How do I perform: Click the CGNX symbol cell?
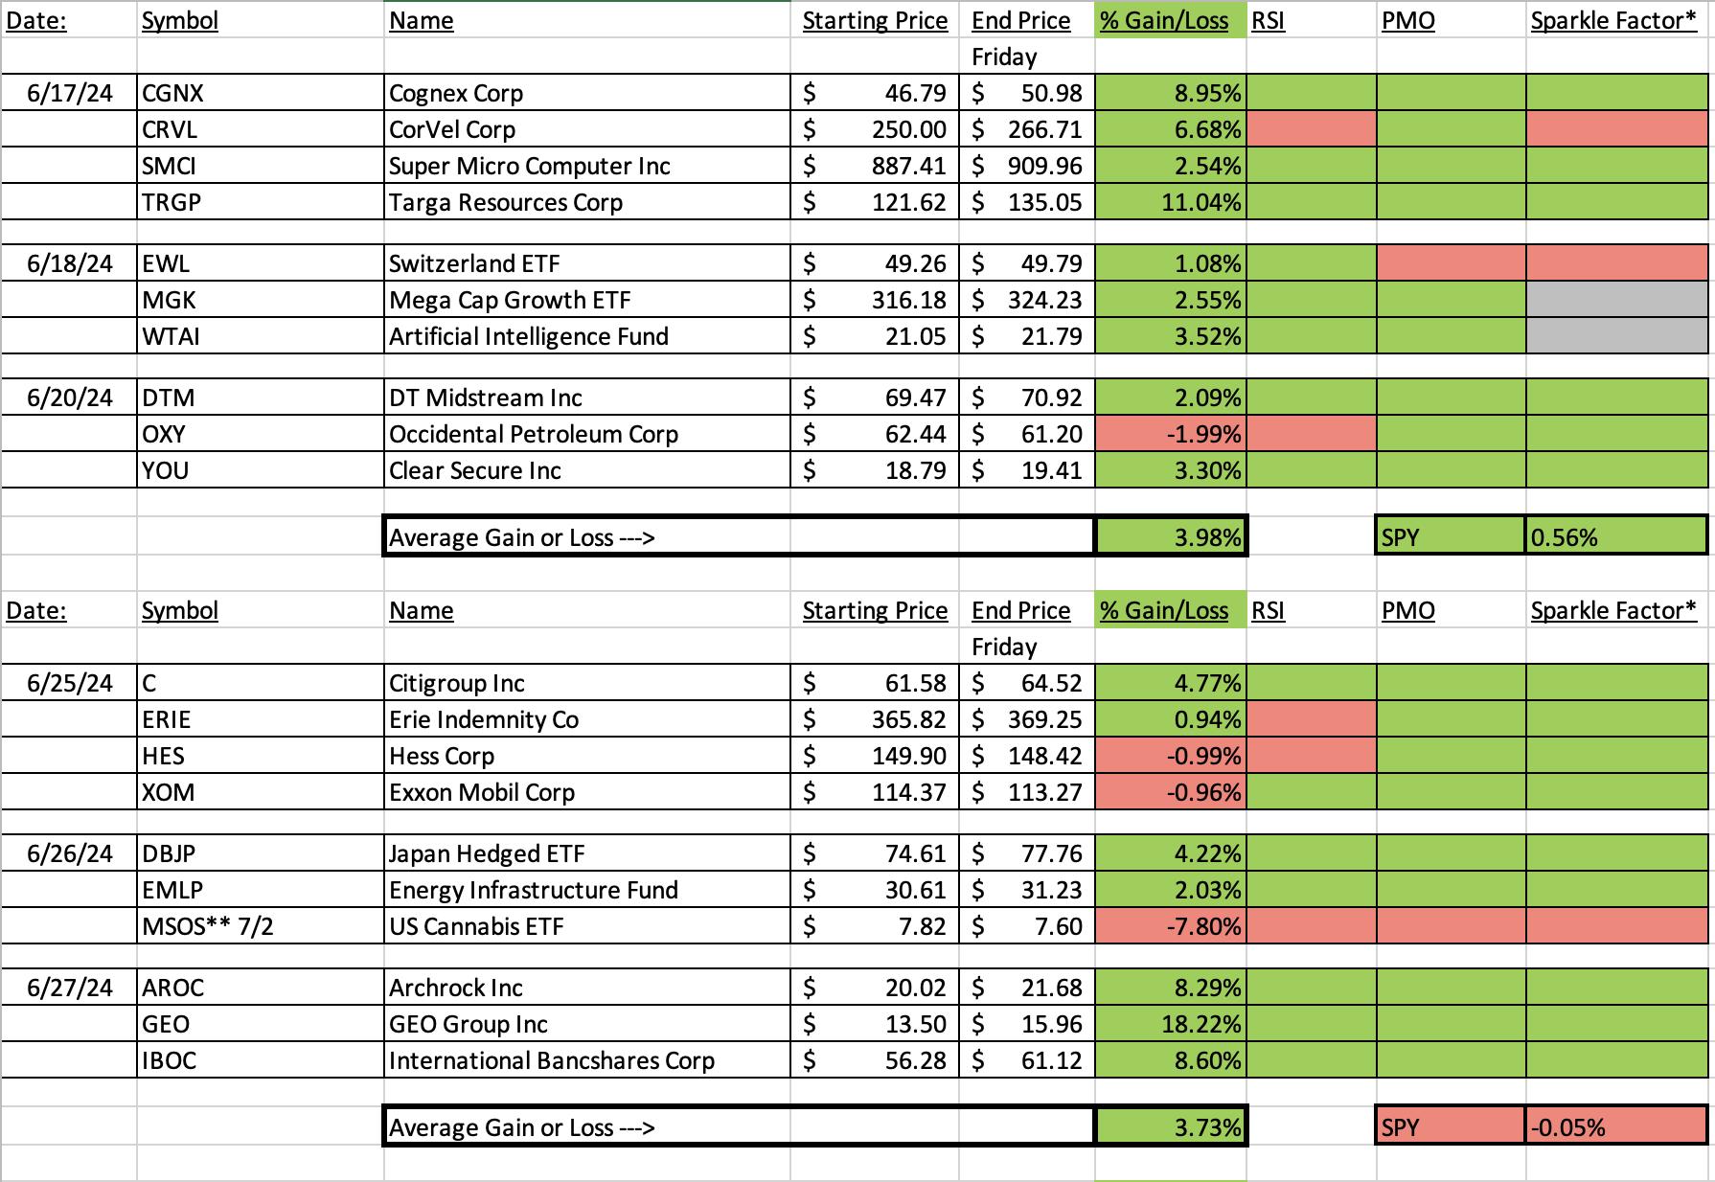(260, 93)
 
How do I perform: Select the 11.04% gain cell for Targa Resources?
(1171, 202)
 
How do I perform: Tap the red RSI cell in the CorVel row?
(1312, 129)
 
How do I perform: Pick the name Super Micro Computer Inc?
(530, 166)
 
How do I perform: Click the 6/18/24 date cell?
(70, 263)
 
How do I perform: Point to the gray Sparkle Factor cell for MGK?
(1616, 300)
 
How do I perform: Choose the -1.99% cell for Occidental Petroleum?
(1171, 434)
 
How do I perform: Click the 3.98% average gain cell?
(1171, 536)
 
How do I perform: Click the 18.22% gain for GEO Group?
(1171, 1024)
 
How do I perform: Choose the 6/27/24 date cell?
(70, 988)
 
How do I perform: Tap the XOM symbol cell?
(260, 792)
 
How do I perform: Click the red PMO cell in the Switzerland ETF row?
(1451, 263)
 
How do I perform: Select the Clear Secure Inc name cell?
(586, 470)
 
